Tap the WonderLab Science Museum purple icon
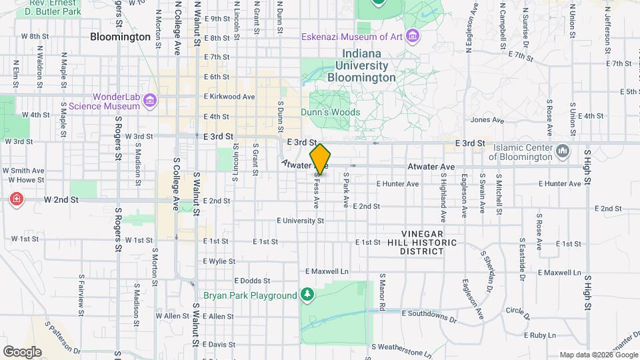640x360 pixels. pos(150,101)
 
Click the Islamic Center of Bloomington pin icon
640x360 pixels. pos(563,152)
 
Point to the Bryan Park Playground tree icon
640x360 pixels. pos(307,294)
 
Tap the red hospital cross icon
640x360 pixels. pos(15,199)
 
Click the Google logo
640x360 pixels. pos(22,352)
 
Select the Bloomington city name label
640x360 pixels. pos(120,37)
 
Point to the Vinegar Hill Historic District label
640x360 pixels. pos(422,247)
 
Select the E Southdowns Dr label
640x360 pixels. pos(429,312)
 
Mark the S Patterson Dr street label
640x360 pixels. pos(63,338)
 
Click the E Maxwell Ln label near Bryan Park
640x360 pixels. pos(327,272)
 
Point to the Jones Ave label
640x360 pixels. pos(487,121)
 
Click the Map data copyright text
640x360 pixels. pos(597,355)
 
